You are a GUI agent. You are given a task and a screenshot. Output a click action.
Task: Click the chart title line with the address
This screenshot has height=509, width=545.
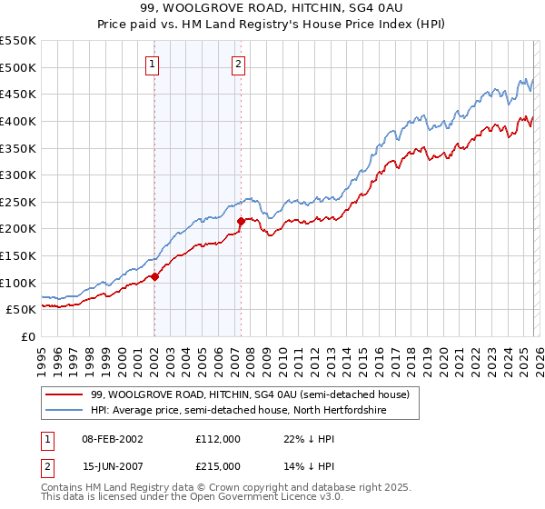[272, 8]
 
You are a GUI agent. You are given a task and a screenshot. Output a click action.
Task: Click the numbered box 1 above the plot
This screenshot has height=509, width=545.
[152, 64]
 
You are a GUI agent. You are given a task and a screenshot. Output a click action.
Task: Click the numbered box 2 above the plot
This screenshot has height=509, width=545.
[238, 64]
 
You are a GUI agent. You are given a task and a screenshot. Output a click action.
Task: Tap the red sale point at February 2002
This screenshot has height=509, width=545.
[154, 276]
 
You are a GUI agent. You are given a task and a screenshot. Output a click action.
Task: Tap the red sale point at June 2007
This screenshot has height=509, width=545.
[241, 221]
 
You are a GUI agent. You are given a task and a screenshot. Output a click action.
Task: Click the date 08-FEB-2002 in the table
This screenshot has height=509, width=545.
[113, 438]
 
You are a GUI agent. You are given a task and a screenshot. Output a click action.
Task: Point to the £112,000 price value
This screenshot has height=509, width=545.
[218, 438]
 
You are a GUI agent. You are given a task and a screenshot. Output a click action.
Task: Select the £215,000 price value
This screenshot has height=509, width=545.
[218, 465]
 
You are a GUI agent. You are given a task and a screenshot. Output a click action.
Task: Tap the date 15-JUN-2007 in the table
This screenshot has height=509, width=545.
[113, 465]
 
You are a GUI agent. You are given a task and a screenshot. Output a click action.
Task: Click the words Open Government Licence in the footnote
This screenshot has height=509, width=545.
[246, 498]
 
